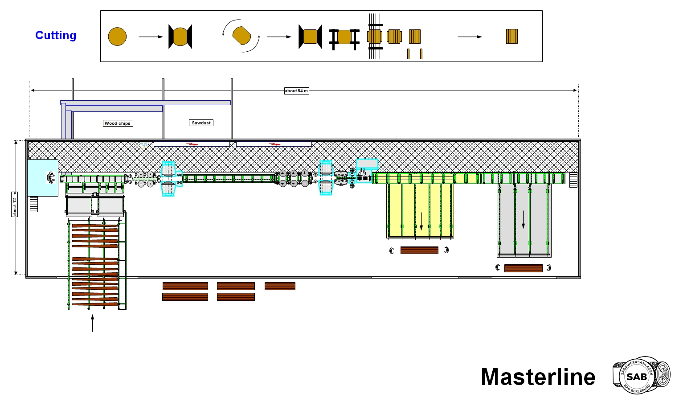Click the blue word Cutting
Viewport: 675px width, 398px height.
pyautogui.click(x=56, y=35)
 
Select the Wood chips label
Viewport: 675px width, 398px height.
pyautogui.click(x=118, y=123)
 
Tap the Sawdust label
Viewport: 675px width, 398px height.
pyautogui.click(x=201, y=123)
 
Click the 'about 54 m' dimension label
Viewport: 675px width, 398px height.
pyautogui.click(x=297, y=91)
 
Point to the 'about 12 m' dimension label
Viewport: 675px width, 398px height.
pyautogui.click(x=14, y=205)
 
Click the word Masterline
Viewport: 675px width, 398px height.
pyautogui.click(x=538, y=377)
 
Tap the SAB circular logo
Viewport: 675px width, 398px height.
pyautogui.click(x=636, y=376)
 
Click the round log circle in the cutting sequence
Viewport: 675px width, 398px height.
pyautogui.click(x=117, y=37)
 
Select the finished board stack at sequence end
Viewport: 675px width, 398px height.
pyautogui.click(x=511, y=37)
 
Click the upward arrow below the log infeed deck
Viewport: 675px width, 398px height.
pyautogui.click(x=93, y=323)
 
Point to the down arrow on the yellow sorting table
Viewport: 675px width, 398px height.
pyautogui.click(x=421, y=222)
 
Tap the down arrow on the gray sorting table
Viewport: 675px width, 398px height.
pyautogui.click(x=523, y=220)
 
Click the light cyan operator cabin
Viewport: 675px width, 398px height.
pyautogui.click(x=43, y=178)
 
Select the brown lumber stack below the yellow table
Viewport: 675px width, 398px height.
pyautogui.click(x=419, y=250)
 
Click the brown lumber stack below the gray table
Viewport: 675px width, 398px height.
pyautogui.click(x=523, y=268)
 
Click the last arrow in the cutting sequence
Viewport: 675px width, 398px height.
pyautogui.click(x=470, y=37)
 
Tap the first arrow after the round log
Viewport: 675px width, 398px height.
pyautogui.click(x=151, y=37)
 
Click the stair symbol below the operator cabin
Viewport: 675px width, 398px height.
pyautogui.click(x=34, y=205)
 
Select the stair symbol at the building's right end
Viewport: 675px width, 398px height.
pyautogui.click(x=573, y=180)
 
